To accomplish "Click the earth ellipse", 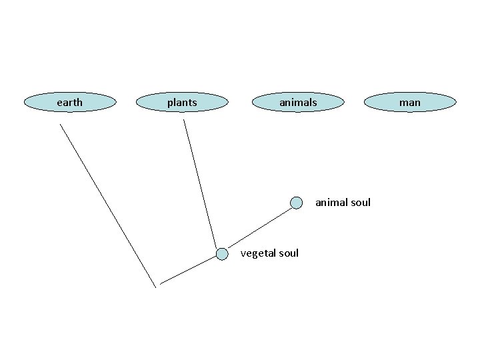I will coord(70,102).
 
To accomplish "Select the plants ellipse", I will coord(182,102).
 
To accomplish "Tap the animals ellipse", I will coord(298,102).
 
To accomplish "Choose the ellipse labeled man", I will coord(410,102).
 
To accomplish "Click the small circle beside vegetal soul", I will coord(222,253).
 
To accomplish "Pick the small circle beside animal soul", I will coord(297,202).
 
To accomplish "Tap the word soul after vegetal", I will coord(287,253).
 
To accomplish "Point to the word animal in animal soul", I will coord(330,202).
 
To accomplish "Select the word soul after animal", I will coord(360,202).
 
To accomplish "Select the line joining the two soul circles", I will coord(259,227).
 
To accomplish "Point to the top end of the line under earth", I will coord(60,125).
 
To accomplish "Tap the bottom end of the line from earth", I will coord(156,287).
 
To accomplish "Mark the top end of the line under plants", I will coord(184,120).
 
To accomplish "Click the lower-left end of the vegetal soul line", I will coord(160,284).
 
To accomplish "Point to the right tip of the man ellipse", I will coord(457,102).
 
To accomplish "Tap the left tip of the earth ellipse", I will coord(24,102).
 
